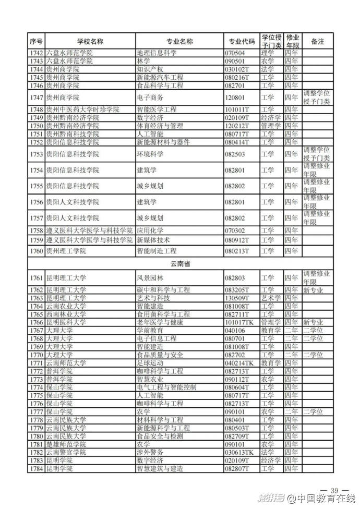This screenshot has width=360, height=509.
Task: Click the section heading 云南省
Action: coord(181,264)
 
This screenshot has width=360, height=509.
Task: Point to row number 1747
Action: coord(36,98)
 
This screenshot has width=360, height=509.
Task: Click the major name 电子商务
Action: coord(150,98)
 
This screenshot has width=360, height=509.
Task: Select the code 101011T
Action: coord(237,110)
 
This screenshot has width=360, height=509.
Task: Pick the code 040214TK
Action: coord(239,362)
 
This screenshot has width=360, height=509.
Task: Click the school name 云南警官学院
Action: coord(65,453)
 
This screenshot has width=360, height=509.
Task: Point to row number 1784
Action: coord(36,469)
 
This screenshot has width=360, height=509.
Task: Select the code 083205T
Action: coord(237,290)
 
